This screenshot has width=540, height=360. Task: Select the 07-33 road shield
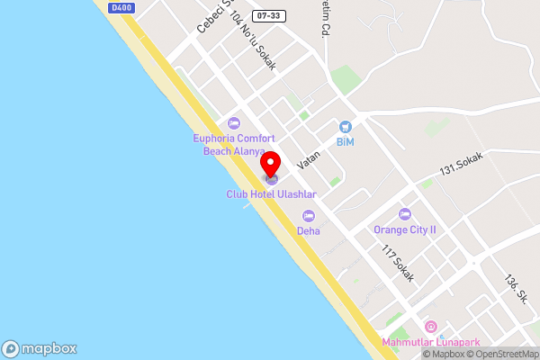click(x=266, y=16)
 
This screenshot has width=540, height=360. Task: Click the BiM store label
click(x=346, y=142)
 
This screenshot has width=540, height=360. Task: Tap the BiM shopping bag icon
click(x=346, y=127)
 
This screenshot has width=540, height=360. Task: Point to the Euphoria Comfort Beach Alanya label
click(x=234, y=145)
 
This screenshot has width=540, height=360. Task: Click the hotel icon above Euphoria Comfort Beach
click(x=234, y=123)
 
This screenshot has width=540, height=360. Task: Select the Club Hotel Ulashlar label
click(x=270, y=193)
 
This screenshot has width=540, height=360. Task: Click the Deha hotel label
click(x=309, y=230)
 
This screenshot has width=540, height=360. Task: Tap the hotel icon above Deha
click(x=309, y=216)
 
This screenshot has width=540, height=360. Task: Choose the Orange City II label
click(x=405, y=229)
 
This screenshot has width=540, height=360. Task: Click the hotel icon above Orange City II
click(x=405, y=214)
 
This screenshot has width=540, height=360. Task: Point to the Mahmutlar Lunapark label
click(x=430, y=342)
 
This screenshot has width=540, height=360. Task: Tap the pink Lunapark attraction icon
click(x=430, y=326)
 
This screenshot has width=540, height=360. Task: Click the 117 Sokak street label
click(x=397, y=264)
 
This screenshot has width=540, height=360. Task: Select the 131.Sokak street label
click(x=461, y=164)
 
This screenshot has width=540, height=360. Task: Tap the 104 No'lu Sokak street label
click(x=253, y=41)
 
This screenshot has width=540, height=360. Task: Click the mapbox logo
click(x=40, y=348)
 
